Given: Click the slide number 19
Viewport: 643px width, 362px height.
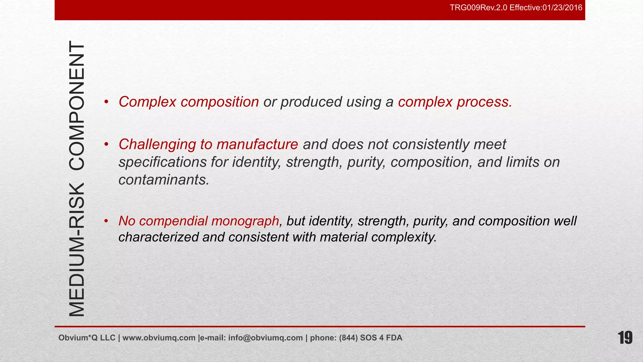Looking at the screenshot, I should [x=625, y=338].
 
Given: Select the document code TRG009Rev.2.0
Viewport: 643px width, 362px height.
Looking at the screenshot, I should [x=478, y=8].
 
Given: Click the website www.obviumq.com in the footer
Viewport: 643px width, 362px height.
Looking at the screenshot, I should [x=159, y=338].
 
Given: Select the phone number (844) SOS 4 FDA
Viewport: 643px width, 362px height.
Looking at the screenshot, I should [x=370, y=338].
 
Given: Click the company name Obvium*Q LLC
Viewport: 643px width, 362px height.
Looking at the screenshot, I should [x=87, y=338].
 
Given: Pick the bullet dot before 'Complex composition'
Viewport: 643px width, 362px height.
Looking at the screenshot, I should [x=106, y=102].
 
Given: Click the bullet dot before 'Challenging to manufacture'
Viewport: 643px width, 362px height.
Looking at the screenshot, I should [x=106, y=144].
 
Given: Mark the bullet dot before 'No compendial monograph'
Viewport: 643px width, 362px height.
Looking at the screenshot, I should [x=106, y=221].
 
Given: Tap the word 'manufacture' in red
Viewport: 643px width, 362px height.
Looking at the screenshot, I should [x=257, y=145].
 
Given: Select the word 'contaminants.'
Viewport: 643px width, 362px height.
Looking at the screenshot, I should [x=164, y=180].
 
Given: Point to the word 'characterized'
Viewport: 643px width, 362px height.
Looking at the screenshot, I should [x=158, y=237].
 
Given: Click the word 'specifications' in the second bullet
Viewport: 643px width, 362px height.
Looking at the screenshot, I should [x=163, y=162].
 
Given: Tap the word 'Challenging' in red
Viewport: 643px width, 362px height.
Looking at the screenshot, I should [x=157, y=145].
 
